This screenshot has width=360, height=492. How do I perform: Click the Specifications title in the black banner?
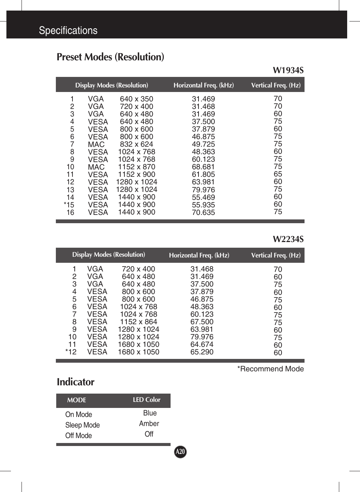point(68,31)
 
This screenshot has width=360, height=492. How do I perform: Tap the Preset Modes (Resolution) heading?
point(110,57)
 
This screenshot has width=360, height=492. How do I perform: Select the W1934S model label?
point(288,71)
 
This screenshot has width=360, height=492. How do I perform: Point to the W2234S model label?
point(288,239)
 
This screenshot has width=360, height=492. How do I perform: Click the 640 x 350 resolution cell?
point(136,99)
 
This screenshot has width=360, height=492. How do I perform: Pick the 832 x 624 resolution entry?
point(136,144)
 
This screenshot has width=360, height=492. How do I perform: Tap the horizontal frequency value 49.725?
point(203,144)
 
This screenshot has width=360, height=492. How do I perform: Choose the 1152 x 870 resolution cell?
point(136,167)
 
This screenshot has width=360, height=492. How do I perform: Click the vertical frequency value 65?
point(278,174)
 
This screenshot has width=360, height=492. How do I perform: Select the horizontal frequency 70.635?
point(203,213)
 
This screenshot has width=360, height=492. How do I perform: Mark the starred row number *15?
point(69,205)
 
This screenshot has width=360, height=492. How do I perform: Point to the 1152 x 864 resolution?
point(138,322)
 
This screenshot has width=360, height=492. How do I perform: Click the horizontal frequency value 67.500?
point(202,322)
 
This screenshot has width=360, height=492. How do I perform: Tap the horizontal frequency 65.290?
point(202,352)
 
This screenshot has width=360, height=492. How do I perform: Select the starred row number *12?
point(71,352)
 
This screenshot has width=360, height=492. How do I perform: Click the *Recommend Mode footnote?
point(270,369)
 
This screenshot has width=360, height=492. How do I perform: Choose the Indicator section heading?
point(75,382)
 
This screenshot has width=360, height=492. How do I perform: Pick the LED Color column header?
point(146,400)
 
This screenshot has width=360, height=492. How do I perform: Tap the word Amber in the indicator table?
point(149,424)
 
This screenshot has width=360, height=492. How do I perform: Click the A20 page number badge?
point(180,452)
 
